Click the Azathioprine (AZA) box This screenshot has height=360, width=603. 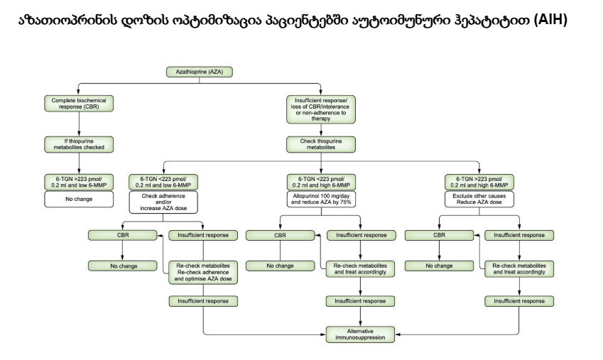tap(200, 72)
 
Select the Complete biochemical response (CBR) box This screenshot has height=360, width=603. tap(79, 104)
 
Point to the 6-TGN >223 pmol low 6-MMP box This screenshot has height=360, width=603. tap(79, 181)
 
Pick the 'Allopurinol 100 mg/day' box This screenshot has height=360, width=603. tap(320, 200)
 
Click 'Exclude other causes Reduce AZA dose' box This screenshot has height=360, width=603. tap(479, 200)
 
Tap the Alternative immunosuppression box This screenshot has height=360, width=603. tap(361, 334)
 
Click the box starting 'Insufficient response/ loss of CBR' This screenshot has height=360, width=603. tap(320, 109)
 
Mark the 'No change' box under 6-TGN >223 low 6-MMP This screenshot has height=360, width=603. tap(79, 200)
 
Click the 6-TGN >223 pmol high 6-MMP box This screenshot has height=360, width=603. tap(479, 181)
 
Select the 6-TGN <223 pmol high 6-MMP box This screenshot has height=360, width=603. tap(320, 181)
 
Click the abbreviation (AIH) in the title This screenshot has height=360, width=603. tap(553, 19)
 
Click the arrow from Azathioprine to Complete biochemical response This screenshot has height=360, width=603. tap(79, 90)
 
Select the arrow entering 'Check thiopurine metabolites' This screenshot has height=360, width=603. tap(320, 131)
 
